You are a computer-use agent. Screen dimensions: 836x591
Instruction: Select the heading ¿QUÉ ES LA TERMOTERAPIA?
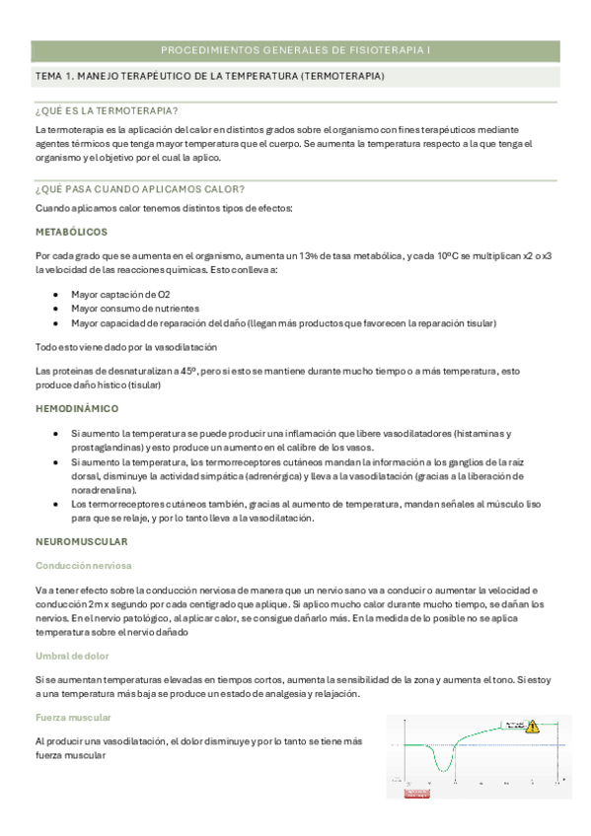[112, 110]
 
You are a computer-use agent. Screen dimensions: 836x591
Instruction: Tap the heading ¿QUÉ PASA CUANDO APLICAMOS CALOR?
[139, 189]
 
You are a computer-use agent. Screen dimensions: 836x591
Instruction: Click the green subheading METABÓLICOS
[71, 232]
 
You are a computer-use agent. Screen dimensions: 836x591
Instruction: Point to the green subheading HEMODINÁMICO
[76, 408]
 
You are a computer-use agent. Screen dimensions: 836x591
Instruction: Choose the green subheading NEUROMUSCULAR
[82, 542]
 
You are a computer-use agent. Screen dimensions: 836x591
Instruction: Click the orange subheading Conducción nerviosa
[83, 566]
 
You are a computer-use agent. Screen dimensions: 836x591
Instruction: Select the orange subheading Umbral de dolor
[72, 655]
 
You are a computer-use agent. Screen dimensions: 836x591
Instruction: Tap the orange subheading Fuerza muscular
[73, 718]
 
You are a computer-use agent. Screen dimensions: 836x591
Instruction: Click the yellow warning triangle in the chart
[533, 727]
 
